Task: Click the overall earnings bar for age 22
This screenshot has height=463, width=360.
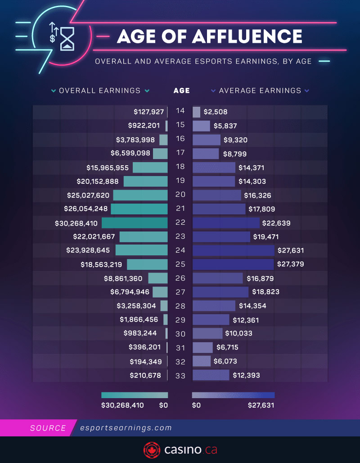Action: pyautogui.click(x=135, y=223)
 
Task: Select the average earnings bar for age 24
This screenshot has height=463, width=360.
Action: pyautogui.click(x=233, y=250)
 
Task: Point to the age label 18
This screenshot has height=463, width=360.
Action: pyautogui.click(x=180, y=167)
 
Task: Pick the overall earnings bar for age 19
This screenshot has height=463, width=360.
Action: pyautogui.click(x=145, y=182)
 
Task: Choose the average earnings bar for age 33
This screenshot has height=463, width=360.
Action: pyautogui.click(x=211, y=375)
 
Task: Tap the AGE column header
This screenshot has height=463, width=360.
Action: pyautogui.click(x=182, y=91)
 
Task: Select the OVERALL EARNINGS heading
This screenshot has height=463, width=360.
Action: pyautogui.click(x=100, y=91)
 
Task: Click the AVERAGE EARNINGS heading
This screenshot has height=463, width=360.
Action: pyautogui.click(x=260, y=91)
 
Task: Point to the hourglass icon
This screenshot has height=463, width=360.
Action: pyautogui.click(x=68, y=38)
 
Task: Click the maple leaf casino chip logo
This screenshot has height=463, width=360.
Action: pyautogui.click(x=152, y=449)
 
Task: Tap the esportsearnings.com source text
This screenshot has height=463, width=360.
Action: pyautogui.click(x=125, y=428)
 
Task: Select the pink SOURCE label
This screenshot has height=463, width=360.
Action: pyautogui.click(x=48, y=428)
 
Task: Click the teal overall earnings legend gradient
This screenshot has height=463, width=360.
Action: pyautogui.click(x=135, y=395)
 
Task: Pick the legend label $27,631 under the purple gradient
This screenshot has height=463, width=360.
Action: pyautogui.click(x=261, y=405)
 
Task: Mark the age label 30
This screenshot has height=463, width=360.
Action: pyautogui.click(x=180, y=333)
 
